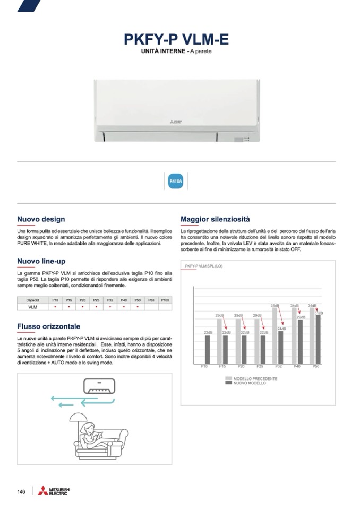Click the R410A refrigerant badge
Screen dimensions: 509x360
[x=175, y=182]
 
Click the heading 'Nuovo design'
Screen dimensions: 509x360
[x=41, y=219]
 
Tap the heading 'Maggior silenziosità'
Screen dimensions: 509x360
[x=215, y=219]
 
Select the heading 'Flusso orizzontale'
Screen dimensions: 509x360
[x=48, y=326]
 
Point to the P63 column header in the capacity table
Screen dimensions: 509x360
[x=151, y=300]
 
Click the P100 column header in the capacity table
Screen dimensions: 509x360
[x=165, y=300]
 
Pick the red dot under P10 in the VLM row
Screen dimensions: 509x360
[x=55, y=307]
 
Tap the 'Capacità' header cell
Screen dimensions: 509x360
[x=32, y=300]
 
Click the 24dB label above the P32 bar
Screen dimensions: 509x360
[x=281, y=329]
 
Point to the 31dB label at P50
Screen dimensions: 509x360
[x=319, y=313]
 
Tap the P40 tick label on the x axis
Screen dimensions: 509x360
[x=297, y=366]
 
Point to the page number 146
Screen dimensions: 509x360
[x=21, y=491]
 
